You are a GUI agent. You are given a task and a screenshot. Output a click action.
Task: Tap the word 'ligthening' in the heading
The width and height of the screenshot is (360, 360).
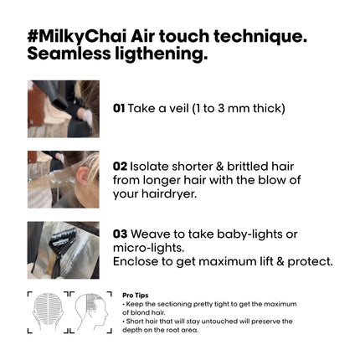click(161, 54)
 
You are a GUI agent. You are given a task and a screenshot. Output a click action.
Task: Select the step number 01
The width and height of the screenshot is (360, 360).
click(119, 108)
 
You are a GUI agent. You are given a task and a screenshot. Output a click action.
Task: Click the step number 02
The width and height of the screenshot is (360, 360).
click(120, 167)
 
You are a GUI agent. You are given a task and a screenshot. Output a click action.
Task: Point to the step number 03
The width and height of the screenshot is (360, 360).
click(120, 234)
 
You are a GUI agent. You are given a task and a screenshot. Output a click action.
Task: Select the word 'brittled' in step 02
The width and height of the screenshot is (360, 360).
click(244, 167)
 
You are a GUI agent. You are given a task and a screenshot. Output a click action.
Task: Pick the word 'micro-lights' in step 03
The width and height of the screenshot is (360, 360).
click(148, 248)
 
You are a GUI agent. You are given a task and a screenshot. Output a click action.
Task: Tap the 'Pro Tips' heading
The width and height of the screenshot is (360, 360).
click(136, 296)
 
